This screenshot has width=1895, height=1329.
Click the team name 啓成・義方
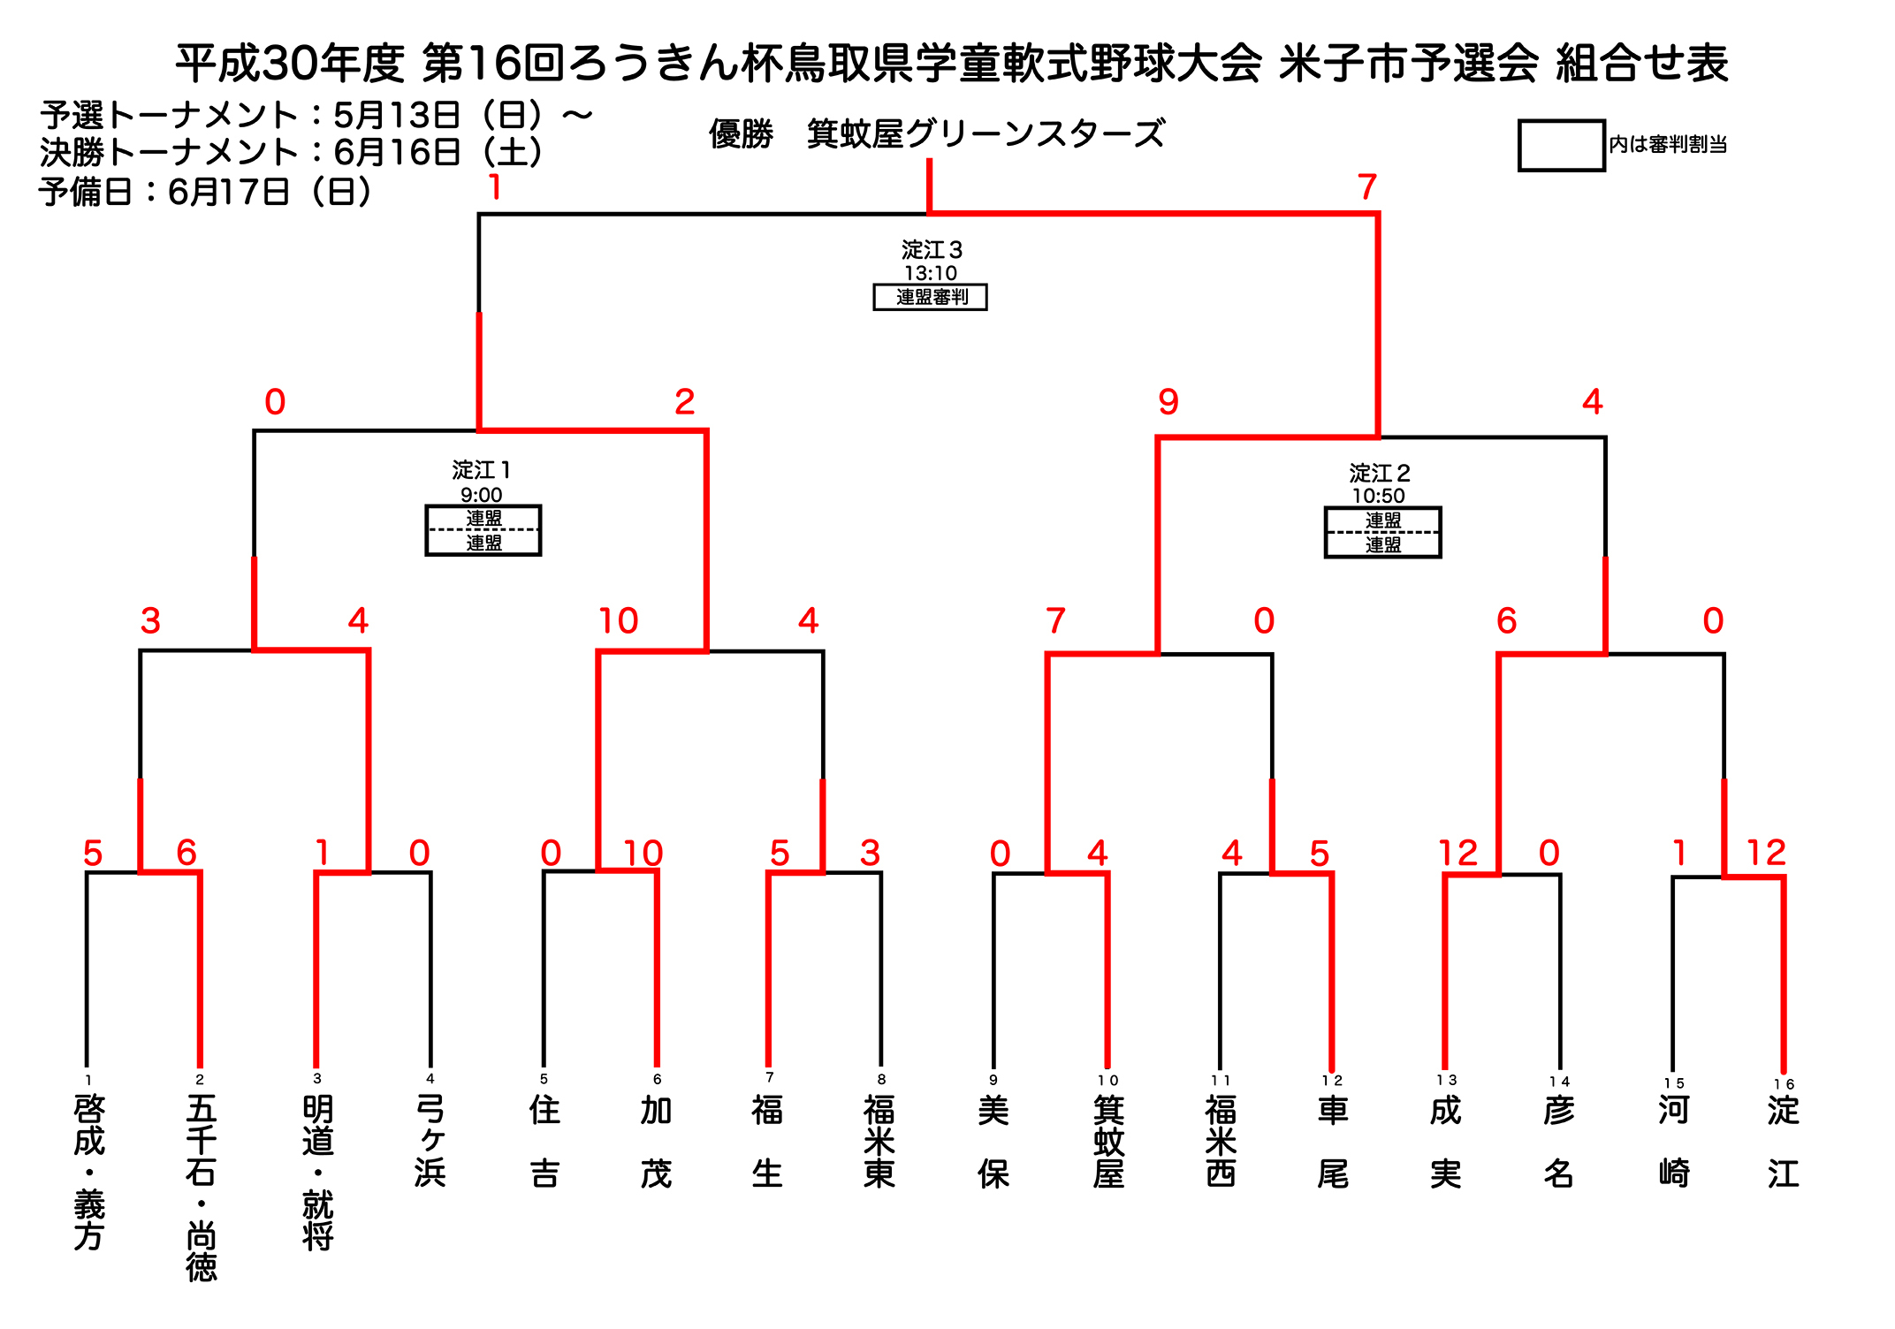coord(88,1172)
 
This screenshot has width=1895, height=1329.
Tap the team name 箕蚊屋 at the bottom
coord(1107,1141)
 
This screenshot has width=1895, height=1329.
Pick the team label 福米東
coord(880,1141)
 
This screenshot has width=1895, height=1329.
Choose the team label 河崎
coord(1673,1141)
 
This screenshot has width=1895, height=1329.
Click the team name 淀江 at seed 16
coord(1784,1141)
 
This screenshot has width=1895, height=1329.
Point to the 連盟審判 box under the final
coord(930,297)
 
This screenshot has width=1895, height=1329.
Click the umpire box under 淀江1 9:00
coord(483,530)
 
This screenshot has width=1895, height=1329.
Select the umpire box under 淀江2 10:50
coord(1382,533)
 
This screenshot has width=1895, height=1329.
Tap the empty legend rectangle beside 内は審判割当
coord(1561,145)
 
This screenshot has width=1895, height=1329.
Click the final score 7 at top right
coord(1366,187)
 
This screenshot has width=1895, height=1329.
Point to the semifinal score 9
coord(1168,402)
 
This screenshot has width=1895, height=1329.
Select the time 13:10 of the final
coord(930,273)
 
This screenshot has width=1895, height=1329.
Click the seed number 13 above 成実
coord(1446,1080)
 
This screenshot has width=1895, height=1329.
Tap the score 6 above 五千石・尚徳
coord(186,853)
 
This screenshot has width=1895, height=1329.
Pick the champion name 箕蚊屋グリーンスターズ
coord(986,134)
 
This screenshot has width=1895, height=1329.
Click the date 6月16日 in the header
coord(397,153)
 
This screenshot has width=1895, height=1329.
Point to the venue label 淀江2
coord(1379,473)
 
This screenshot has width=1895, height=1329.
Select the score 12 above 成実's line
coord(1457,853)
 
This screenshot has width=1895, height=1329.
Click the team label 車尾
coord(1332,1141)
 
